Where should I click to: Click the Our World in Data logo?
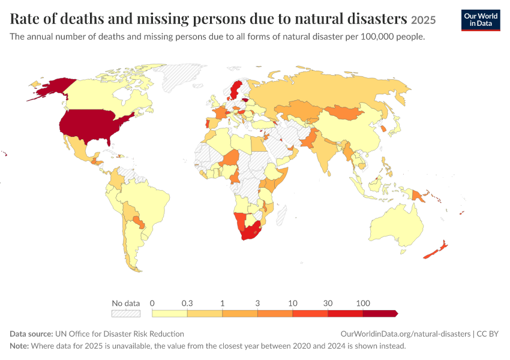pos(481,20)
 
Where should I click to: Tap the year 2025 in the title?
pos(423,20)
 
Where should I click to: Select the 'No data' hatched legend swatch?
pos(126,313)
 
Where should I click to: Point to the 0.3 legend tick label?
pos(187,304)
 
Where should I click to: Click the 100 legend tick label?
pos(363,304)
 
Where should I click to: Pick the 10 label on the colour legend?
pos(293,304)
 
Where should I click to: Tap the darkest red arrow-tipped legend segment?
pos(380,313)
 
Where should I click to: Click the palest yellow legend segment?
pos(169,313)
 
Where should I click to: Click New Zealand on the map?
pos(436,250)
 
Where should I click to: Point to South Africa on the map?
pos(250,232)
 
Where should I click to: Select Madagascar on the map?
pos(281,215)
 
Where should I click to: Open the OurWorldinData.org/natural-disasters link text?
pos(406,334)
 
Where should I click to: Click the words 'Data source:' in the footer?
pos(31,334)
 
